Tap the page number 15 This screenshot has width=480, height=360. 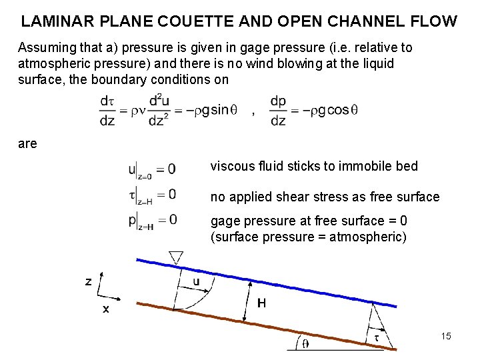446,336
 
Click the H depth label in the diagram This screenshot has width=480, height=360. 262,303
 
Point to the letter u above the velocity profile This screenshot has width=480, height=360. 196,281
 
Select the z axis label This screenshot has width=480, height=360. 88,281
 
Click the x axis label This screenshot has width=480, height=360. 105,309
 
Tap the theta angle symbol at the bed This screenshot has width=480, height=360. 305,344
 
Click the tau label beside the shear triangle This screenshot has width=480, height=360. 377,338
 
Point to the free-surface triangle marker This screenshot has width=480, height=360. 177,257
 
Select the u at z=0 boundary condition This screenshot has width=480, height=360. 152,170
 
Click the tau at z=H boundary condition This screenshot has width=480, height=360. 152,195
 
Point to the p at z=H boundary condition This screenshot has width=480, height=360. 152,220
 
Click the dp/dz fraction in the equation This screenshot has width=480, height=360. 278,111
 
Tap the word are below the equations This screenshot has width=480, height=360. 28,143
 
